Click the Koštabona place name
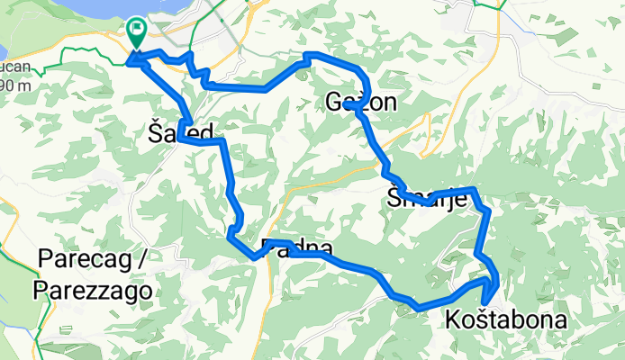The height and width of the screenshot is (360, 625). point(504,319)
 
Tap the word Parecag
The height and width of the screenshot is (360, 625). point(88,260)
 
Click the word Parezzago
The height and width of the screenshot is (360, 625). point(93,290)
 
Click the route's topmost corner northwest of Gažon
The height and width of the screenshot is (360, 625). point(308,56)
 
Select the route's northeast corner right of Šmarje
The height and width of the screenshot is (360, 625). point(474,190)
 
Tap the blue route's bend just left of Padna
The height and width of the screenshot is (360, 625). point(255,256)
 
